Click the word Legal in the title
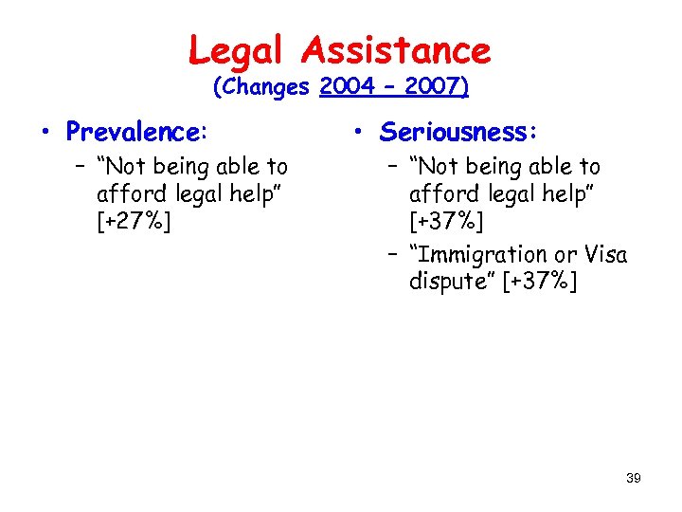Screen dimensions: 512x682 (236, 49)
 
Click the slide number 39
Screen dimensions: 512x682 (634, 478)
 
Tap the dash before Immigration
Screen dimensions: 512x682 (390, 254)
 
